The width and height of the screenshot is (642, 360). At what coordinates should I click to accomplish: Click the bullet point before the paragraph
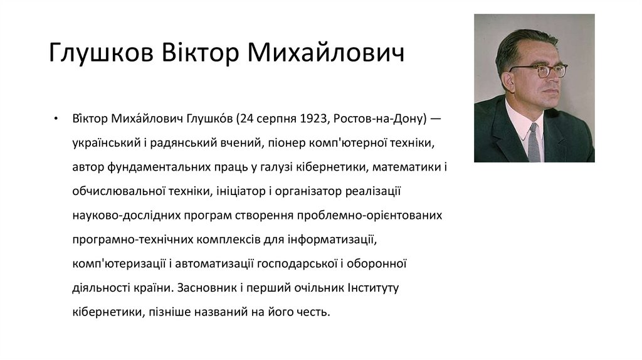coord(56,120)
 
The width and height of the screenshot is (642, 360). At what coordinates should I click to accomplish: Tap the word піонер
coord(287,144)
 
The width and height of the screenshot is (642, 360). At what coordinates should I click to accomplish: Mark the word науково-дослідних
coord(125,216)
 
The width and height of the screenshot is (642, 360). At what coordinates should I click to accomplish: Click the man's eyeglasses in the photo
coord(540,70)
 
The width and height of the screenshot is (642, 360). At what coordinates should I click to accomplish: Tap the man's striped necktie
coord(534,142)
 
